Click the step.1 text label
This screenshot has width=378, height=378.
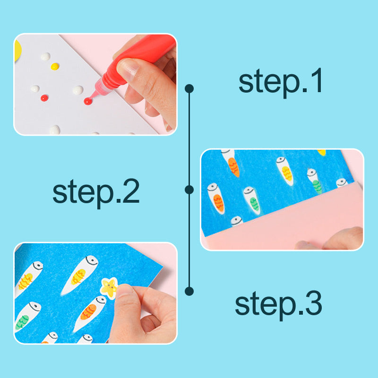281,81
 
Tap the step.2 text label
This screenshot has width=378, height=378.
96,191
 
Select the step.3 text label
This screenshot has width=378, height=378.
278,303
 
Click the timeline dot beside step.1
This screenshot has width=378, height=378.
189,88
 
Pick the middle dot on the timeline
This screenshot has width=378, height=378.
189,189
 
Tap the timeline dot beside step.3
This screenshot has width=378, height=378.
189,291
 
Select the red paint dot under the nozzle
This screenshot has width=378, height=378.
87,101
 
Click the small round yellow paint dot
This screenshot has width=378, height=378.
55,66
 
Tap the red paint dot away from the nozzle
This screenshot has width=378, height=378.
44,98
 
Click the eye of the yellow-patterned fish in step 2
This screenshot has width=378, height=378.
282,162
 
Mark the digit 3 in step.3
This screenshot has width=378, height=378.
312,303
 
